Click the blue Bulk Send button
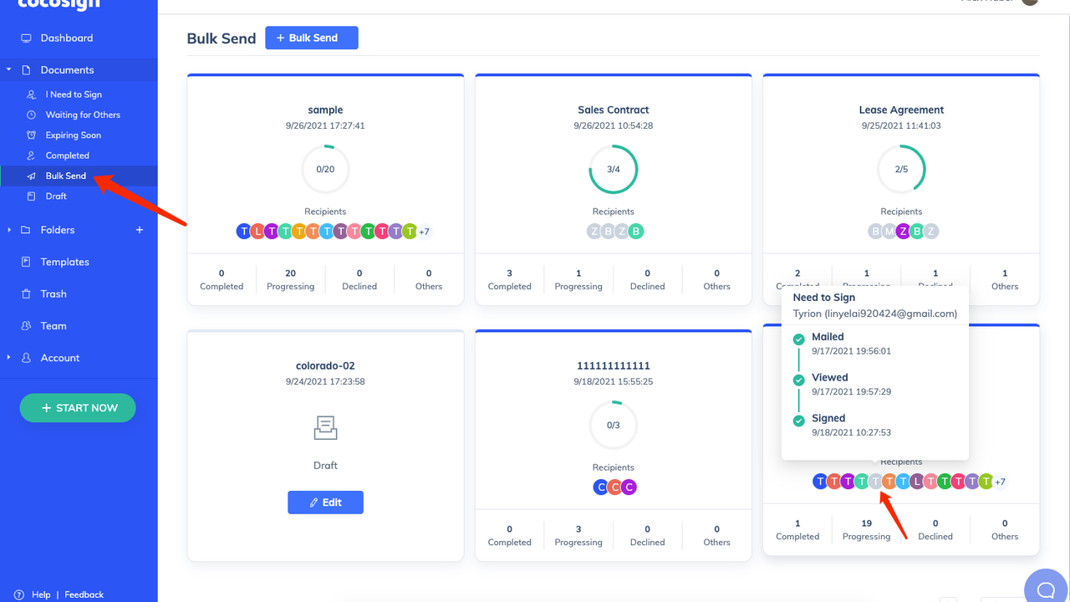(312, 38)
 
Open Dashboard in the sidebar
(66, 38)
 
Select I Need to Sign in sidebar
(74, 94)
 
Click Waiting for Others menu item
(83, 115)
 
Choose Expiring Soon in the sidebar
(73, 135)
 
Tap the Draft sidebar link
(56, 196)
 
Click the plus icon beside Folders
(140, 230)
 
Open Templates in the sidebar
(64, 262)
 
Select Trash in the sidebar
(53, 294)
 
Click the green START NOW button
(78, 408)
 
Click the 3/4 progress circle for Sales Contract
(614, 169)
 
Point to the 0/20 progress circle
(325, 169)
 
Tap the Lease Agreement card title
(901, 110)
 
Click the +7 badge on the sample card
(424, 232)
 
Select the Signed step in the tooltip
(828, 418)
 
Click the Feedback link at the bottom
(84, 594)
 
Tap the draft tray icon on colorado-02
(325, 428)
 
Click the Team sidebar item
(53, 326)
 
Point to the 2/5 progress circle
(901, 169)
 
